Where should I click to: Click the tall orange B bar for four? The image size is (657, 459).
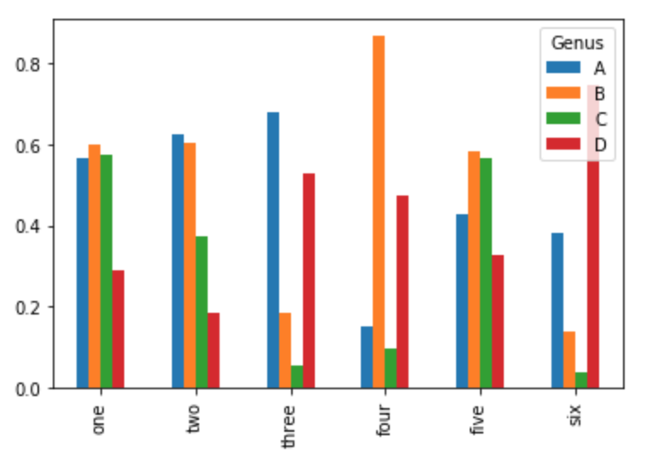(x=379, y=212)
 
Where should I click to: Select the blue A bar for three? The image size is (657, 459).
(x=273, y=250)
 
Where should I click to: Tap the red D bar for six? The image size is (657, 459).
(x=593, y=236)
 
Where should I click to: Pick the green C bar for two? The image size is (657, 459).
(x=202, y=312)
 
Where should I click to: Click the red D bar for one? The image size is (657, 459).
(x=118, y=329)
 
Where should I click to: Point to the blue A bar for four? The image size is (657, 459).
(x=367, y=357)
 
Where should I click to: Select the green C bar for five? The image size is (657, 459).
(x=486, y=273)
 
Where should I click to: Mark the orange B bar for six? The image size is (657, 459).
(x=569, y=360)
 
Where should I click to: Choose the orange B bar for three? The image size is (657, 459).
(x=285, y=350)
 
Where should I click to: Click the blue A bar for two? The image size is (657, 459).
(x=178, y=261)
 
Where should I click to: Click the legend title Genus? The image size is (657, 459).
(x=577, y=42)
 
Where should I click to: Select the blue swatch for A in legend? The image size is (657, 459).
(x=563, y=67)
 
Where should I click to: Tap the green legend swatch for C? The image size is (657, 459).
(x=563, y=118)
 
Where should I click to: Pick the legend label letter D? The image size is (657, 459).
(x=600, y=144)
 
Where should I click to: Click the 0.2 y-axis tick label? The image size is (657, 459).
(x=28, y=308)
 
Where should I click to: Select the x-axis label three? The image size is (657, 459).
(x=289, y=427)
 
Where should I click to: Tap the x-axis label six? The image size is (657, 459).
(x=575, y=415)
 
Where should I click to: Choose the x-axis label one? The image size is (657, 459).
(x=98, y=420)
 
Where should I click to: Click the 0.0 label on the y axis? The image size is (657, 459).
(x=28, y=389)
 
